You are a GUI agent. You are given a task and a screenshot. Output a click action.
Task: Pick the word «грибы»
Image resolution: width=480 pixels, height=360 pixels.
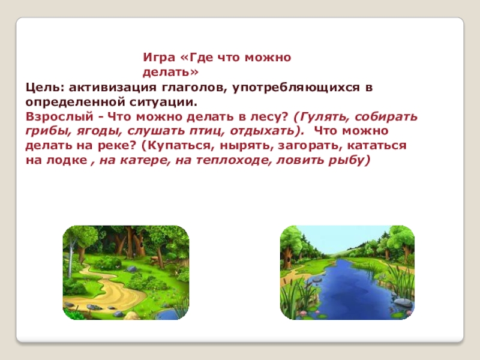(44, 131)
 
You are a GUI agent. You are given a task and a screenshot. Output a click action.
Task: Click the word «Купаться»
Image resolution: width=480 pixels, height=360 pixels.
(170, 146)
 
